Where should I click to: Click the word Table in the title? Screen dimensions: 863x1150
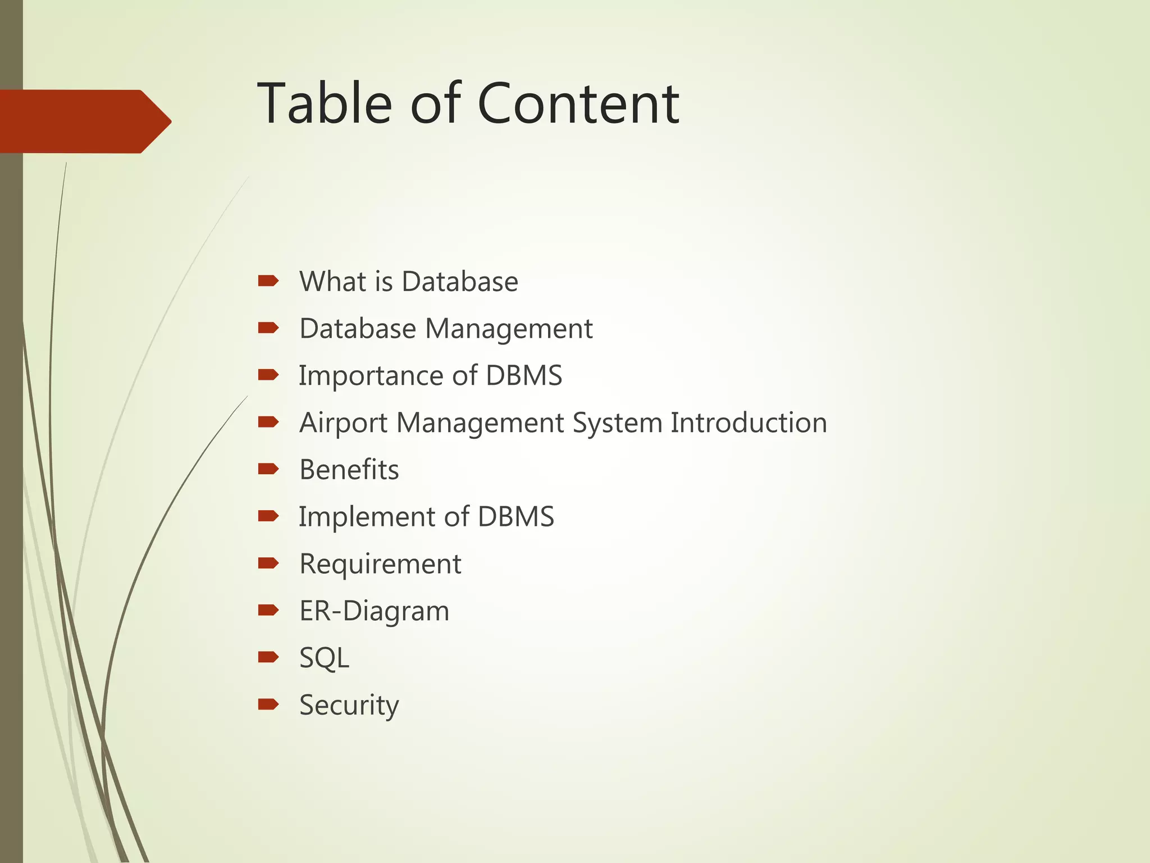pyautogui.click(x=324, y=103)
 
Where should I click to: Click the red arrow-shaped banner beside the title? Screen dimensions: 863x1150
pyautogui.click(x=84, y=121)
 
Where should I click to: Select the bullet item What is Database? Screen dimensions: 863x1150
pyautogui.click(x=408, y=281)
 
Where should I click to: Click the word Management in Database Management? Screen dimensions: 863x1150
pyautogui.click(x=509, y=329)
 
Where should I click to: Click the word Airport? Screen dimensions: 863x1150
pyautogui.click(x=343, y=423)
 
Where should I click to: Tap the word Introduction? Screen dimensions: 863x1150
pyautogui.click(x=749, y=423)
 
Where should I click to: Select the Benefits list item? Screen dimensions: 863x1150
pyautogui.click(x=349, y=470)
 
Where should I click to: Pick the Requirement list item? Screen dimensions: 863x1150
pyautogui.click(x=380, y=564)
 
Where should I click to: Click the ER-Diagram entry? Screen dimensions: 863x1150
pyautogui.click(x=374, y=611)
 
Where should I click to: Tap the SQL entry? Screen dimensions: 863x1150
pyautogui.click(x=324, y=658)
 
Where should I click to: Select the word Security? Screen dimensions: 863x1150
pyautogui.click(x=349, y=705)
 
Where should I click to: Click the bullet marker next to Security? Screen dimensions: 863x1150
pyautogui.click(x=268, y=703)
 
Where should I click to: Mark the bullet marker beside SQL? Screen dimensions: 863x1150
pyautogui.click(x=268, y=656)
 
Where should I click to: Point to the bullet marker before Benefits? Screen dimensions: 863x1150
pyautogui.click(x=268, y=468)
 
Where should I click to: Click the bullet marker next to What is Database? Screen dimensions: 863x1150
pyautogui.click(x=268, y=280)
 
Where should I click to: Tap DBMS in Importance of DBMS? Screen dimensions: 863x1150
pyautogui.click(x=523, y=376)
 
